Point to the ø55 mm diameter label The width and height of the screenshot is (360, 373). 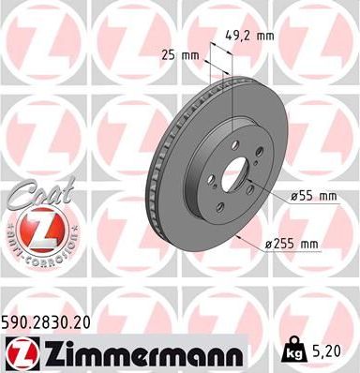(x=306, y=197)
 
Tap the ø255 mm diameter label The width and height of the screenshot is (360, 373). (x=292, y=245)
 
